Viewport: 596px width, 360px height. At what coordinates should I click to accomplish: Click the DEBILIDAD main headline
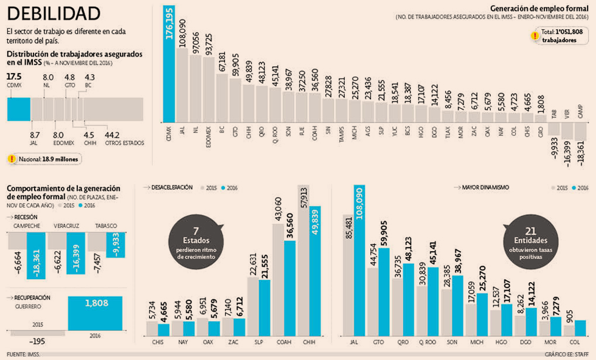coord(54,13)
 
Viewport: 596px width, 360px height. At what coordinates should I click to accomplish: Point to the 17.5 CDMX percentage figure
coord(14,77)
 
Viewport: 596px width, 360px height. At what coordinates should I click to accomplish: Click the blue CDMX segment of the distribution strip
coord(18,109)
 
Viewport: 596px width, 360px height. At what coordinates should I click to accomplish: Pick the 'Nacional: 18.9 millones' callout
coord(44,159)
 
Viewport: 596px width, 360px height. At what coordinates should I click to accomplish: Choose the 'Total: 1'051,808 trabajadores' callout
coord(560,35)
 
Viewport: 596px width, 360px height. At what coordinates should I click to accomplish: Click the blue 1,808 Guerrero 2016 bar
coord(97,312)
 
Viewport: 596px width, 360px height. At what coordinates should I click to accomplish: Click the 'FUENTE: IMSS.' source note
coord(23,354)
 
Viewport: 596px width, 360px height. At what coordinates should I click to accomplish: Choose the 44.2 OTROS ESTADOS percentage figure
coord(112,135)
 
